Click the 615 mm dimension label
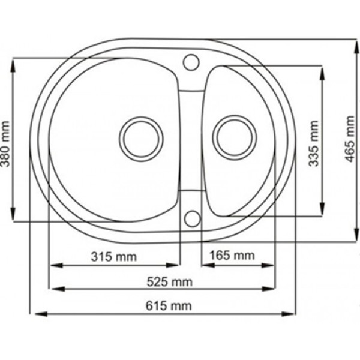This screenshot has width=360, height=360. [169, 306]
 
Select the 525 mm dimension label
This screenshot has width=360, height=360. [169, 282]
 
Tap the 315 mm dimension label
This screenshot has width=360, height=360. [114, 257]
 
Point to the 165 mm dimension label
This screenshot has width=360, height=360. [232, 256]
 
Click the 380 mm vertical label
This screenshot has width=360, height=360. [5, 144]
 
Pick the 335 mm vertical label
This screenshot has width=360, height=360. [314, 143]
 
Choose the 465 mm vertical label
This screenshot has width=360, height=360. [350, 139]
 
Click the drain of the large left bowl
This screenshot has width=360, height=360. [141, 139]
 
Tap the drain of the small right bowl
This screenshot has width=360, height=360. [235, 138]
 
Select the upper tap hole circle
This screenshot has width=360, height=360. [191, 62]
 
